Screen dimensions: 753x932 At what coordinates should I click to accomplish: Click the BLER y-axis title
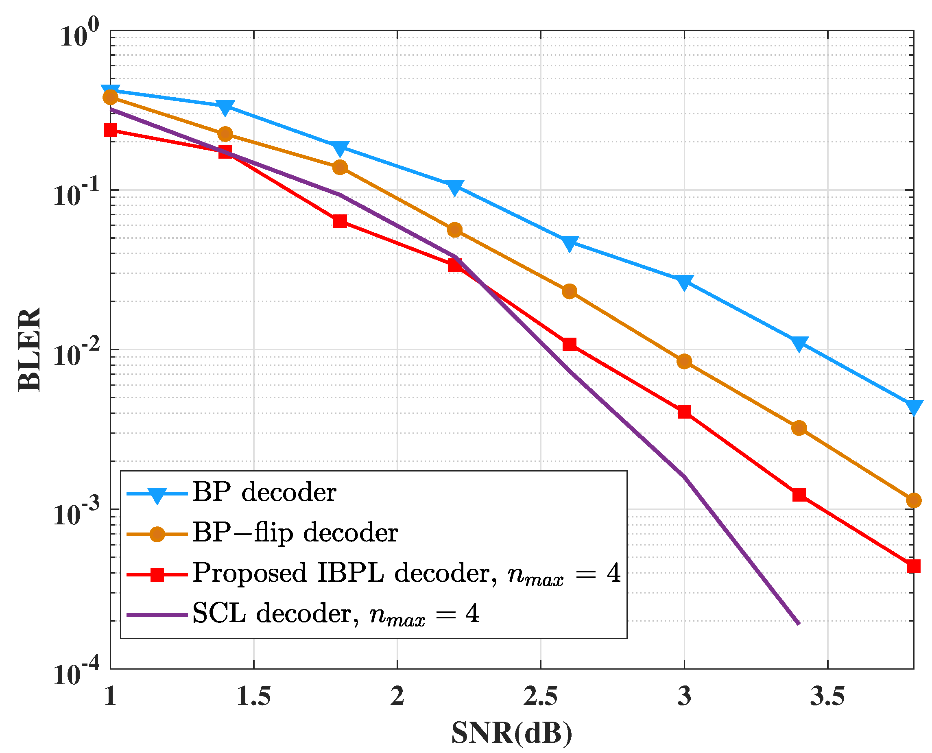coord(29,349)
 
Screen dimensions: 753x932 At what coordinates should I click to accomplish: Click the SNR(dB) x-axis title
coord(512,733)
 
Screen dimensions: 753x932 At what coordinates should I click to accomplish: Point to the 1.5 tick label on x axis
coord(254,696)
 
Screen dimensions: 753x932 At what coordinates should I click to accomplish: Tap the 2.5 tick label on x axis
coord(540,696)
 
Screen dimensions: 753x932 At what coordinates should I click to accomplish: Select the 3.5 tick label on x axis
coord(827,696)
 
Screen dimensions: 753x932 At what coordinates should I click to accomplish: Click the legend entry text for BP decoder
coord(264,493)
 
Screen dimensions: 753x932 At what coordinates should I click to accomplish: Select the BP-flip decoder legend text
coord(295,533)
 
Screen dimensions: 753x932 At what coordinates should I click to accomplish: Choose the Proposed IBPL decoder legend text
coord(406,574)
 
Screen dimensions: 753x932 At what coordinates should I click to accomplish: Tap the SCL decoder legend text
coord(335,614)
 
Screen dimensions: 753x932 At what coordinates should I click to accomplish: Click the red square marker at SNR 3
coord(684,412)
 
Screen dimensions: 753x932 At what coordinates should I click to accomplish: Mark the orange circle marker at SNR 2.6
coord(570,292)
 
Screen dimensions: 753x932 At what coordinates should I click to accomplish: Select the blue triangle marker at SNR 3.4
coord(799,343)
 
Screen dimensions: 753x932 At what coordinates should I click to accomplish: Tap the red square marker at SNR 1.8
coord(340,222)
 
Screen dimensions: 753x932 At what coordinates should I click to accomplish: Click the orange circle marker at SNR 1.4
coord(225,134)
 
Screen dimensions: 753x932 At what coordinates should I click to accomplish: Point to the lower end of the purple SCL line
coord(799,623)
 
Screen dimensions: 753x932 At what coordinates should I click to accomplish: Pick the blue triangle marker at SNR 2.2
coord(454,187)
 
